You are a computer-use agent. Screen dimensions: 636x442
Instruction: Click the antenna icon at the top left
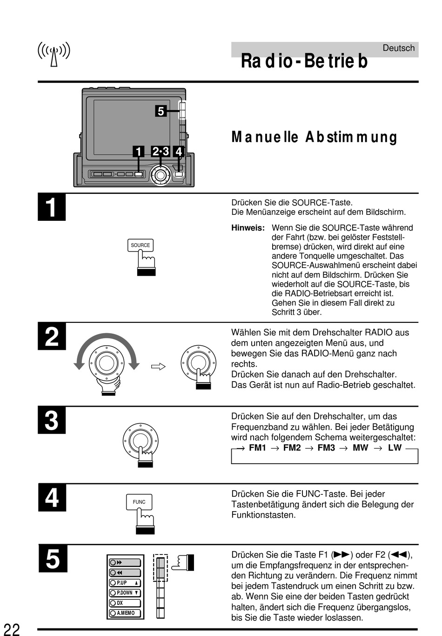54,54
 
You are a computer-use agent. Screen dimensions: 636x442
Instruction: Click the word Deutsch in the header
398,48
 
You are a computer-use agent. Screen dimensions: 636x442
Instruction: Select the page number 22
12,629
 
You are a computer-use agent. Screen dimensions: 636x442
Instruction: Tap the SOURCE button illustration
140,245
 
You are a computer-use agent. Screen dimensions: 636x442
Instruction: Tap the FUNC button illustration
139,502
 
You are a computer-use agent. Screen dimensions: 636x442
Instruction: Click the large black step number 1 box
52,207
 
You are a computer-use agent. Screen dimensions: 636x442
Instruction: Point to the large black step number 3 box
52,421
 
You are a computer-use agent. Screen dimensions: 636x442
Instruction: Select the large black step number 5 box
53,559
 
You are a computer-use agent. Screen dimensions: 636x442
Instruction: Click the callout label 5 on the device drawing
161,111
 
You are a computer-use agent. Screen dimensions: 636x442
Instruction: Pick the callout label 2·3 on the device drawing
160,151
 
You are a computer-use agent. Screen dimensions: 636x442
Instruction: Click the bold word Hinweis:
248,228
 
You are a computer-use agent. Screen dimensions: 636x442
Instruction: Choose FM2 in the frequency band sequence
292,448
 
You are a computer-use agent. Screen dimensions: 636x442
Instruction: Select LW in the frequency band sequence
395,448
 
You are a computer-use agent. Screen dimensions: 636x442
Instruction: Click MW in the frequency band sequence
360,448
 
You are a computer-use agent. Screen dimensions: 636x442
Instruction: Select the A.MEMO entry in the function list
125,613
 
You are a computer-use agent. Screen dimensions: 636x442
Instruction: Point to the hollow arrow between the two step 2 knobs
159,367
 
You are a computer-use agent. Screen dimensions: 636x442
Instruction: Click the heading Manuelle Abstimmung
314,137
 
